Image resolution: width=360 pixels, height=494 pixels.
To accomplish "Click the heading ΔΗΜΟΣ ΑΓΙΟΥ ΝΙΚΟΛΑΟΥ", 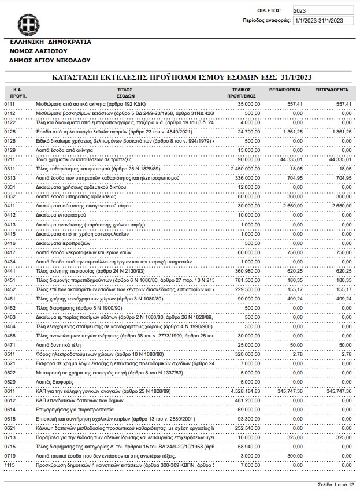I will click(51, 60).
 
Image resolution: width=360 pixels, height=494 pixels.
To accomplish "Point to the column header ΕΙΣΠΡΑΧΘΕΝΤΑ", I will click(331, 90).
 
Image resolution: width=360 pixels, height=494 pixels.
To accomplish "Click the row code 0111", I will click(10, 103).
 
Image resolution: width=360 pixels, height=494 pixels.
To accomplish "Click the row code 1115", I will click(10, 465).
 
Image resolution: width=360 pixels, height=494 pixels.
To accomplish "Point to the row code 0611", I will click(10, 391).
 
